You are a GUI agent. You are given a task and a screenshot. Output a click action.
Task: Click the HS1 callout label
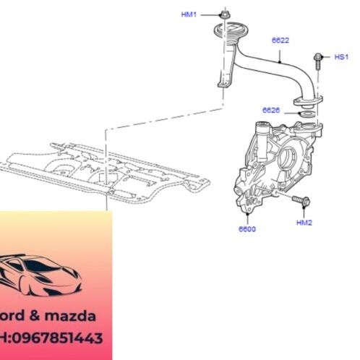341,56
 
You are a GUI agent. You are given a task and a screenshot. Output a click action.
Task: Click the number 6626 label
271,110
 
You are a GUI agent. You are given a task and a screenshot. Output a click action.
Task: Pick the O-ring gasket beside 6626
306,113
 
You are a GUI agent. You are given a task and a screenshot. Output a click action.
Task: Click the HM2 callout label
304,223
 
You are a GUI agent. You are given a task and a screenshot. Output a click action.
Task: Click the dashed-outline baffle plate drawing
101,170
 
